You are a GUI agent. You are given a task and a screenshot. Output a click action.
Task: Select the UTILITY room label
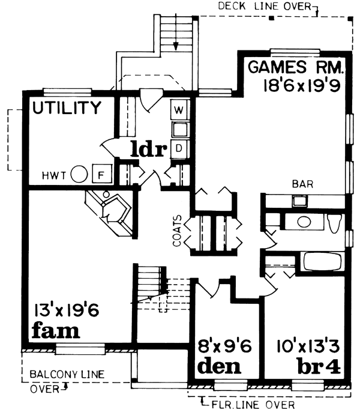point(67,108)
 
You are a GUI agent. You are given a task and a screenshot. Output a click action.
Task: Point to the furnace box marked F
point(101,175)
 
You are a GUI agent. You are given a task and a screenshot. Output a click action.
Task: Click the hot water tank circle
point(79,175)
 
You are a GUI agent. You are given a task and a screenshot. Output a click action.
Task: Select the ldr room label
point(148,148)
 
